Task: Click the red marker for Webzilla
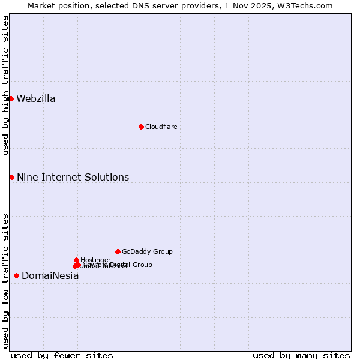click(11, 98)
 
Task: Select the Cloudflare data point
click(141, 127)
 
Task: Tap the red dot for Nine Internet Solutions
click(11, 177)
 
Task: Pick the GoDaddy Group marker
click(118, 251)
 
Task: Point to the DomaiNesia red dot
click(16, 275)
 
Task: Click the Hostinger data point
click(76, 260)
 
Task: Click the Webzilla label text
click(36, 99)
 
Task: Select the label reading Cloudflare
click(161, 127)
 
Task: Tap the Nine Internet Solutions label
click(73, 178)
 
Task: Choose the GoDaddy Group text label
click(147, 252)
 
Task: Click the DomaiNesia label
click(50, 276)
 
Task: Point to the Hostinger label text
click(95, 260)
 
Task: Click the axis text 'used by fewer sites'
click(62, 355)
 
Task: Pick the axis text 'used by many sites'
click(301, 355)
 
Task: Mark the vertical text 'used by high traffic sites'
click(5, 85)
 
